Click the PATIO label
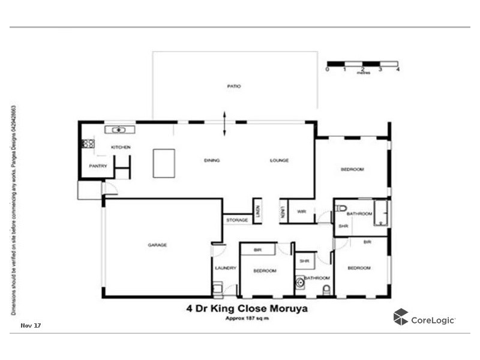pos(234,86)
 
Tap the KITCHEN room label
pos(121,147)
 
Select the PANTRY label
pos(98,166)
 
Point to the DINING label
pos(212,160)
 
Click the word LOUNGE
pos(280,160)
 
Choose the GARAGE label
pos(157,245)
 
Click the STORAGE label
pos(237,220)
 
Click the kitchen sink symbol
pos(120,130)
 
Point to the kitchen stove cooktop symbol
pos(88,143)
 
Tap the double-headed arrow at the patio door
pos(225,123)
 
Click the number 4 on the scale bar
pos(398,69)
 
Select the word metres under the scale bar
pos(363,73)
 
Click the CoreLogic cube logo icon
pos(401,317)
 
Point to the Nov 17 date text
pos(31,325)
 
